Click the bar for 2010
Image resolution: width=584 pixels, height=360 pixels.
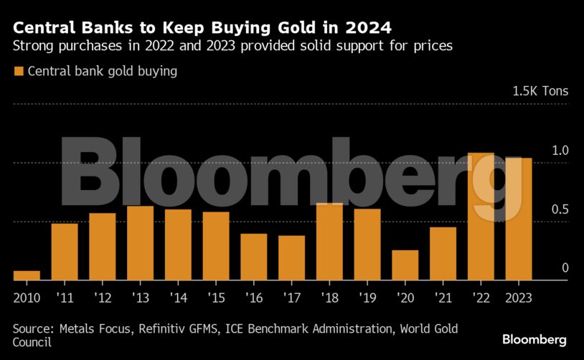(x=27, y=275)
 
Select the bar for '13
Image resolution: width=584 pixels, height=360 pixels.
(x=140, y=243)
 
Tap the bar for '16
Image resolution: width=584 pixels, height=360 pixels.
(x=253, y=257)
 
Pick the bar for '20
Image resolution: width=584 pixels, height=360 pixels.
(x=405, y=265)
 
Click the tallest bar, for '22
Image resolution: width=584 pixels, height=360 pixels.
(x=481, y=217)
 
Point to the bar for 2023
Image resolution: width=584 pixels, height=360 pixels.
(x=518, y=219)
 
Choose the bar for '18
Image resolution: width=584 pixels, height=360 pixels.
(x=329, y=242)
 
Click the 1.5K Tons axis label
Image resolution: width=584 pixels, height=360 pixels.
(x=540, y=92)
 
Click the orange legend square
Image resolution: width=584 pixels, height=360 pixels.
(x=19, y=72)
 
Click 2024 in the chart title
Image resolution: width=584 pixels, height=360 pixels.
(x=366, y=29)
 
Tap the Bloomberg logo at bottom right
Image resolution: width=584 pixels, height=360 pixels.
(x=534, y=339)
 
